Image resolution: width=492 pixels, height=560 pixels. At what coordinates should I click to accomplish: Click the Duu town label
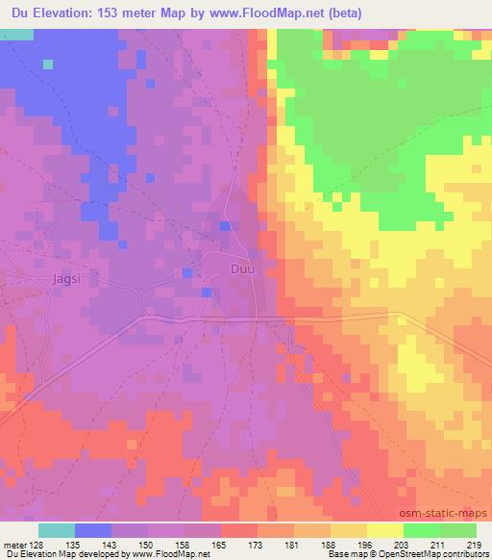click(242, 270)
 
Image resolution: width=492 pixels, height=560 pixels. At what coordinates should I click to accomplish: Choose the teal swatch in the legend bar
click(57, 530)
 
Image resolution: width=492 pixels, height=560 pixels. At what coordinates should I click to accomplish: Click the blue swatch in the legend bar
click(93, 530)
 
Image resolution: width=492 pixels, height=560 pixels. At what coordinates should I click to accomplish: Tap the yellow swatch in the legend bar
click(384, 530)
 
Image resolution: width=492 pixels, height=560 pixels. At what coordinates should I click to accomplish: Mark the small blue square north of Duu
click(224, 226)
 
